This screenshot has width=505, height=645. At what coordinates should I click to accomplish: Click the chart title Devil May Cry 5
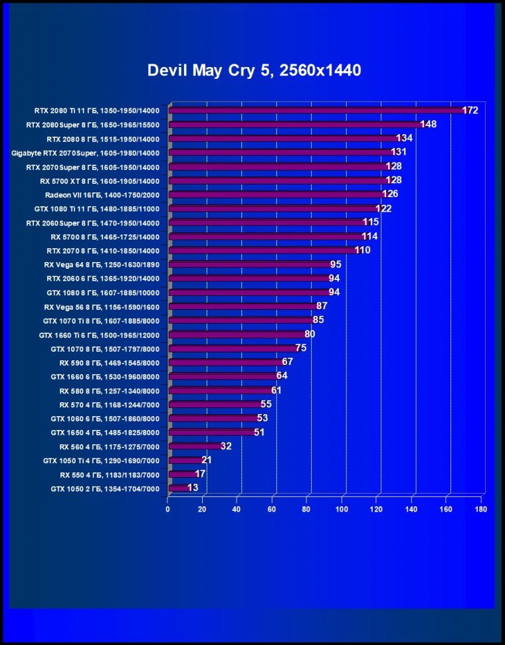[x=254, y=70]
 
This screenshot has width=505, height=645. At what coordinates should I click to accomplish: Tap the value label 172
[x=470, y=110]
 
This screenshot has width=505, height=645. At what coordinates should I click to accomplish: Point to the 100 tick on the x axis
[x=342, y=510]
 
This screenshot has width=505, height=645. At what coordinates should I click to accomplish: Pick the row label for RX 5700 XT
[x=100, y=180]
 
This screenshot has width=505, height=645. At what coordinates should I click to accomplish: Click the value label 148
[x=428, y=124]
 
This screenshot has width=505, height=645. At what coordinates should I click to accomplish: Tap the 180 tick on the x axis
[x=481, y=510]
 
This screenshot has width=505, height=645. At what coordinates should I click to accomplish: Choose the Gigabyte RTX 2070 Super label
[x=86, y=153]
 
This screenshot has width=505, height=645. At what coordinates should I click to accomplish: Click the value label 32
[x=226, y=446]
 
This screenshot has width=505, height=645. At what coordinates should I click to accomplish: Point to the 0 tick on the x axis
[x=168, y=510]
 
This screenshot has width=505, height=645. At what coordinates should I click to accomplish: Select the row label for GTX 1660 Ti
[x=99, y=334]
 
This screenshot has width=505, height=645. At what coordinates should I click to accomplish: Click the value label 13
[x=193, y=488]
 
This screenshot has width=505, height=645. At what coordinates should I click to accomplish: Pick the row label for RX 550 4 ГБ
[x=110, y=474]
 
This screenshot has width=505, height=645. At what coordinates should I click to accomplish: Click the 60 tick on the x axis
[x=272, y=510]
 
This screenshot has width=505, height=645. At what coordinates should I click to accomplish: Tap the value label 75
[x=301, y=348]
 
